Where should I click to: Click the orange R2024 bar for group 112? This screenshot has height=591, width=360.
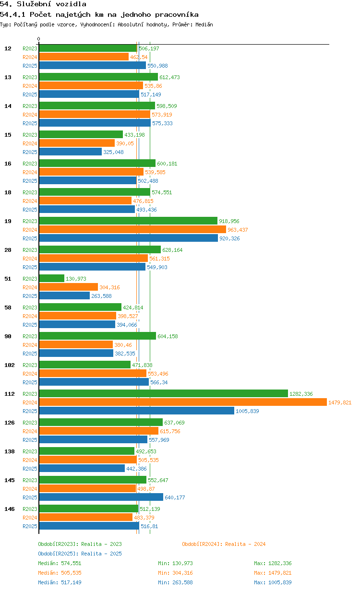click(183, 402)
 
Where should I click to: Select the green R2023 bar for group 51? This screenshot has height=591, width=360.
click(52, 278)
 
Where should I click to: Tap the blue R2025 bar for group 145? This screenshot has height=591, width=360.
click(101, 497)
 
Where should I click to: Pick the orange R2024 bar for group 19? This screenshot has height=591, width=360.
click(132, 229)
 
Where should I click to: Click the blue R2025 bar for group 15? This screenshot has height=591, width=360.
click(71, 152)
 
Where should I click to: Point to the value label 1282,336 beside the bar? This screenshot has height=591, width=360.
click(301, 394)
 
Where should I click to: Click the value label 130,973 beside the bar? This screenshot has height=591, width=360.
click(76, 279)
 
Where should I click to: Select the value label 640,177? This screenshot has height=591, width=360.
click(175, 497)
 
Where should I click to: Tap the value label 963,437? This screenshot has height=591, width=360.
click(238, 230)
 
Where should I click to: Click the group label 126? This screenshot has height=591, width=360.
click(10, 423)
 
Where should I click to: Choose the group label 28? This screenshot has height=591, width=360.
click(8, 250)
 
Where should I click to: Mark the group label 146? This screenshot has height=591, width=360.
click(10, 509)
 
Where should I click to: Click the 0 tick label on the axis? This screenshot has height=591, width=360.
click(38, 39)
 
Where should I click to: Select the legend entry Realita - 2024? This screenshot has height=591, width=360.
click(224, 544)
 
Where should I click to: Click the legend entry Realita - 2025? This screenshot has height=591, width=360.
click(80, 554)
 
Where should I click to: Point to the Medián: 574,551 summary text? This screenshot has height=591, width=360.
click(60, 563)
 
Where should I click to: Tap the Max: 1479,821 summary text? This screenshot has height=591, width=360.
click(273, 573)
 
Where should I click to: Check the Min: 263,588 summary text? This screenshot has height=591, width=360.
click(175, 582)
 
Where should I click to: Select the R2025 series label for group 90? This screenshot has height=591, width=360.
click(30, 354)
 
